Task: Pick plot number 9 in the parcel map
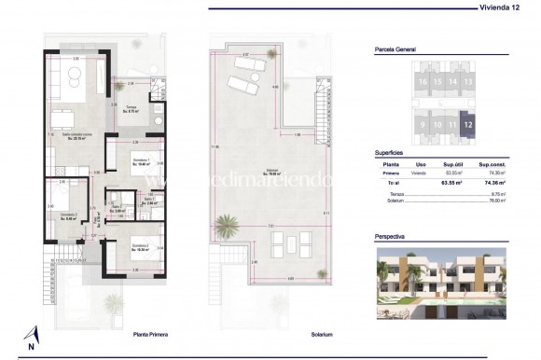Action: tap(423, 123)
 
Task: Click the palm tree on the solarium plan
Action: tap(224, 224)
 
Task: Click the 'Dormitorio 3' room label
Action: tap(67, 216)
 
